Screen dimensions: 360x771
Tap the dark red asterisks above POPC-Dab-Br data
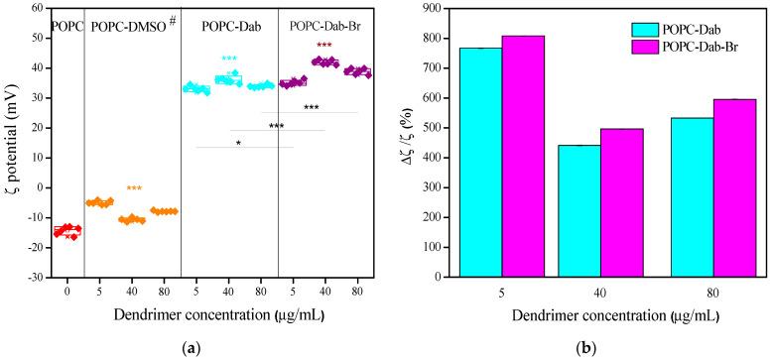click(x=323, y=46)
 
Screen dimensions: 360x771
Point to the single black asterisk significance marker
click(x=238, y=143)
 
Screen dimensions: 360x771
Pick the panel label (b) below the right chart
click(x=599, y=346)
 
